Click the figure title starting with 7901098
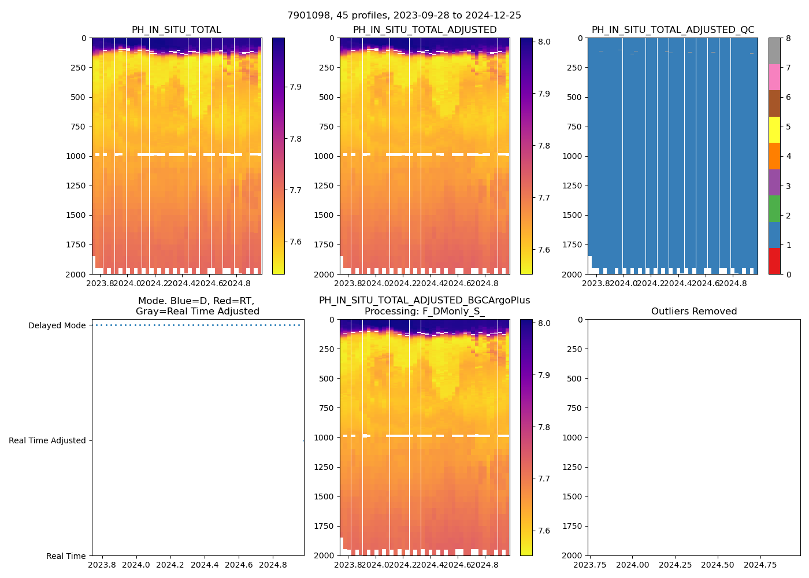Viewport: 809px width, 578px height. [404, 16]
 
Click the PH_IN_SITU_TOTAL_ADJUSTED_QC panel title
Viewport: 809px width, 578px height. [673, 30]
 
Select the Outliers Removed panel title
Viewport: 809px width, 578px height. [693, 312]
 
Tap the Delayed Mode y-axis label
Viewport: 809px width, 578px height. [57, 325]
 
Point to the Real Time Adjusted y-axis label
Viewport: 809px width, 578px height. [47, 440]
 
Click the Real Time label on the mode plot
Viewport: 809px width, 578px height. [66, 556]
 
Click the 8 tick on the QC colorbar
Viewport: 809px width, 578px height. [789, 38]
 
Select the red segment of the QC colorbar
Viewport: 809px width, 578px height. [774, 261]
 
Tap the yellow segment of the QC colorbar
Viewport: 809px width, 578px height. [774, 129]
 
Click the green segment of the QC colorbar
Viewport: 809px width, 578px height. [774, 208]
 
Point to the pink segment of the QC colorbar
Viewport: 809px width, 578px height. [774, 77]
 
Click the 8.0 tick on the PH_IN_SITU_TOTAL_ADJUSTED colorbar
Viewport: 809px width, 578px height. [544, 42]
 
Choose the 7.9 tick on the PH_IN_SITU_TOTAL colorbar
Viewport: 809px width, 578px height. [295, 87]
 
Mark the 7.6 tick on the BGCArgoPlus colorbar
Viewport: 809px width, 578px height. [544, 531]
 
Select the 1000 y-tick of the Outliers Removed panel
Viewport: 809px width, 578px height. [574, 438]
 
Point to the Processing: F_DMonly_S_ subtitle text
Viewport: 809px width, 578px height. [424, 312]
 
